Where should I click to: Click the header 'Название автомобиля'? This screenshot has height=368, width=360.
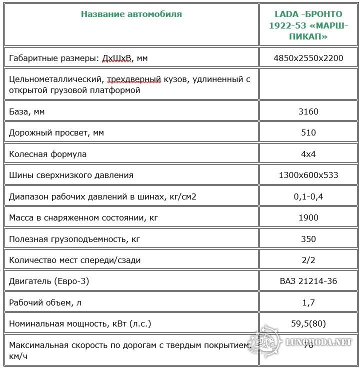click(131, 14)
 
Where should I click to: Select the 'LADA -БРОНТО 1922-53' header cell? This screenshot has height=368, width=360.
click(308, 25)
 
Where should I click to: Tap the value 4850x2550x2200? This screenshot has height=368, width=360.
click(308, 58)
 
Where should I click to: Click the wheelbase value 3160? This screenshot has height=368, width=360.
click(308, 111)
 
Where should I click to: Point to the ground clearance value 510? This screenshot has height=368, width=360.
click(308, 132)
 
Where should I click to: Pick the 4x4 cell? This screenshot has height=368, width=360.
click(308, 154)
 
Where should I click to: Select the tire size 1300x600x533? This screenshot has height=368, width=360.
click(308, 175)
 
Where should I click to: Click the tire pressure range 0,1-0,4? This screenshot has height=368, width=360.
click(308, 196)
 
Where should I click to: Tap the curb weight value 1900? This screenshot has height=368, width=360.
click(308, 217)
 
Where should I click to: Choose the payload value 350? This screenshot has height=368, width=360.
click(308, 239)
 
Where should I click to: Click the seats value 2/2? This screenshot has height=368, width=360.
click(308, 260)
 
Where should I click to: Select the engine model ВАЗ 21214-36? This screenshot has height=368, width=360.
click(308, 281)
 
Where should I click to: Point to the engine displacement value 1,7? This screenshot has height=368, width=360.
click(308, 302)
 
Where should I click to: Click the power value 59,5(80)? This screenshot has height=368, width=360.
click(308, 323)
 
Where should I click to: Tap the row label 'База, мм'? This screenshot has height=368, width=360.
click(27, 111)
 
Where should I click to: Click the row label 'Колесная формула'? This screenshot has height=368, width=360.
click(47, 154)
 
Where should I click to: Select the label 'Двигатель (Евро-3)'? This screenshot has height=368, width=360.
click(49, 281)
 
